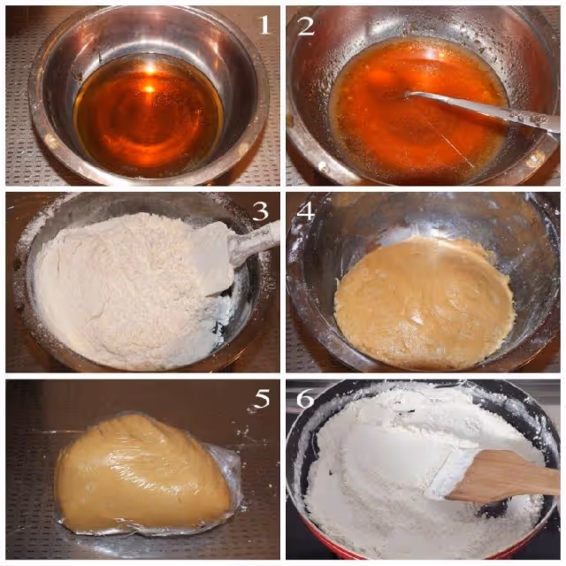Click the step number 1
pyautogui.click(x=264, y=25)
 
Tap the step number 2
pyautogui.click(x=305, y=26)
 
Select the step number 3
pyautogui.click(x=260, y=211)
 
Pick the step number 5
pyautogui.click(x=263, y=399)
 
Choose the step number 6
pyautogui.click(x=305, y=399)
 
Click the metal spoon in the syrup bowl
pyautogui.click(x=484, y=109)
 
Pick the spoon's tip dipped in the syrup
pyautogui.click(x=409, y=95)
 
